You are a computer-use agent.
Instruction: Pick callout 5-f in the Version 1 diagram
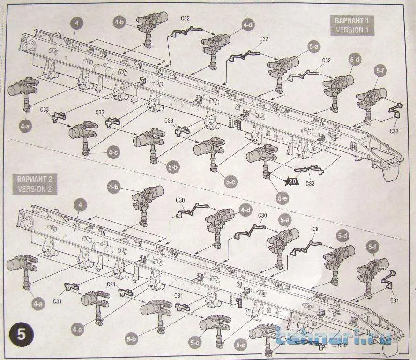(x=380, y=71)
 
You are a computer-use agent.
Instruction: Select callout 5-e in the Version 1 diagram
(x=282, y=199)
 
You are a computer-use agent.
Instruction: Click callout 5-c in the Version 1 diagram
(x=230, y=181)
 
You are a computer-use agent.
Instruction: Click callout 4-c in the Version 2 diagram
(x=77, y=330)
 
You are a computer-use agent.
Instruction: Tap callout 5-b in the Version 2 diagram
(x=132, y=337)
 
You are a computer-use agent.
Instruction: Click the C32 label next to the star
(x=310, y=184)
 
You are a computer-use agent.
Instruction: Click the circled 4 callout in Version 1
(x=77, y=22)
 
